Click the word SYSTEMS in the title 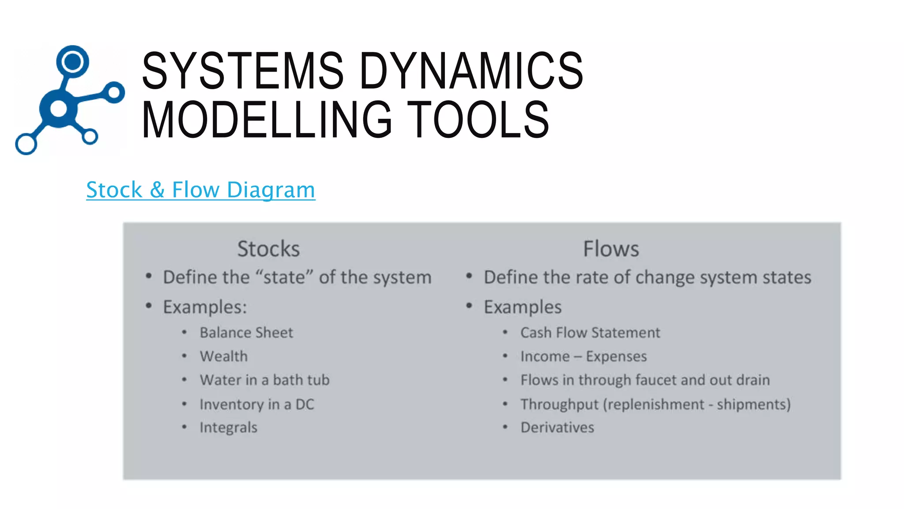tap(242, 71)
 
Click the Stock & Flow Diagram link tap(200, 190)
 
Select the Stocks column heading tap(268, 249)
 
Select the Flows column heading tap(611, 249)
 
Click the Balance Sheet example tap(246, 333)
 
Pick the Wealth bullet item tap(223, 356)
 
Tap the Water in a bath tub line tap(264, 380)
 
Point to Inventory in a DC tap(256, 404)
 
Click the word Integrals tap(228, 428)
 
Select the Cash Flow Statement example tap(590, 333)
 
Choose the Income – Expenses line tap(583, 356)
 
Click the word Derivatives tap(557, 428)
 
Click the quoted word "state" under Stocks tap(284, 277)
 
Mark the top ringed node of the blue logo tap(72, 61)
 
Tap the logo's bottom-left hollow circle tap(26, 144)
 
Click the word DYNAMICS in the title tap(471, 71)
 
